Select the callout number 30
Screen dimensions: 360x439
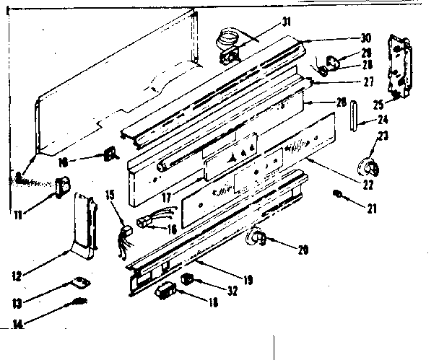366,38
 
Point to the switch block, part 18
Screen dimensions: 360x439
166,291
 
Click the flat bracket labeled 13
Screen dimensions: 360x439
80,283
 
